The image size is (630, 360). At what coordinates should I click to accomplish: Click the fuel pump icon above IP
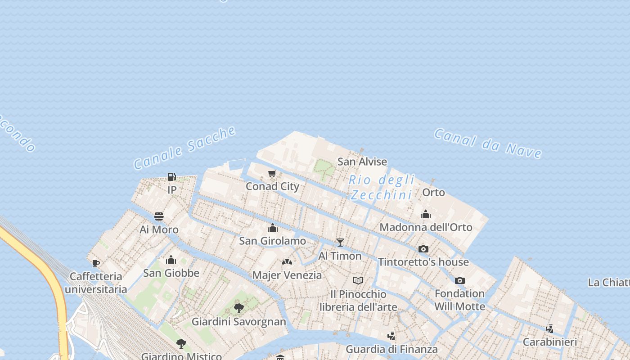coord(171,177)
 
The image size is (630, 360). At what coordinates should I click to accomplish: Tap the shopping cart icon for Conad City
coord(272,174)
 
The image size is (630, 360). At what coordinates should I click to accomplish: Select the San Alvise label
coord(362,162)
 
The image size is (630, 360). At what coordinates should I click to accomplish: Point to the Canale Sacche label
coord(184,148)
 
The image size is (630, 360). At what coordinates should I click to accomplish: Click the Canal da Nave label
coord(488,144)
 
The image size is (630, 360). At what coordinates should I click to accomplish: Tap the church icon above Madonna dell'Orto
coord(426,214)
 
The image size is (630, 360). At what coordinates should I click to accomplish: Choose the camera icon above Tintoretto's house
coord(423,249)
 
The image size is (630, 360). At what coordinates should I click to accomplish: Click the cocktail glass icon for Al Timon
coord(340,243)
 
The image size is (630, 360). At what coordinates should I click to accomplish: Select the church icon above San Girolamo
coord(273,228)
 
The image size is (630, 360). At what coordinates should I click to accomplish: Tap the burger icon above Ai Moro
coord(159,216)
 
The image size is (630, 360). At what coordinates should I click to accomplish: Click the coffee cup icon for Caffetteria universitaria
coord(95,263)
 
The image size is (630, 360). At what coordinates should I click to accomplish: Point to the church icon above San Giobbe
coord(171,260)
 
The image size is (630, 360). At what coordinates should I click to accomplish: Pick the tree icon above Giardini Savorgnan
coord(239,308)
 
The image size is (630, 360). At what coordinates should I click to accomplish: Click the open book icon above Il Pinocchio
coord(358,281)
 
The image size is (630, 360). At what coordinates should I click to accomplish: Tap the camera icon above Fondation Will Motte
coord(459,280)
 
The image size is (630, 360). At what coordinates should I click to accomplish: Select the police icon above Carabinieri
coord(549,328)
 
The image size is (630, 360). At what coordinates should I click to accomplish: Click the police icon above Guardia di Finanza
coord(391,336)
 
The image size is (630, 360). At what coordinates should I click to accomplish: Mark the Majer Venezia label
coord(287,275)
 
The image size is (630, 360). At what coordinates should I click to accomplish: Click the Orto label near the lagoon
coord(433,193)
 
